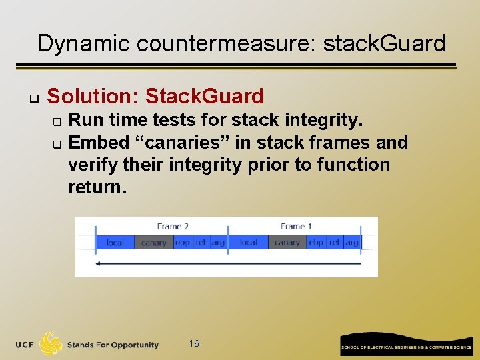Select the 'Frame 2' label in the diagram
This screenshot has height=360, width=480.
coord(173,227)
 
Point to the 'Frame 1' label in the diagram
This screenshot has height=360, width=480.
coord(296,227)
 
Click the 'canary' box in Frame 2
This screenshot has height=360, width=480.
coord(154,243)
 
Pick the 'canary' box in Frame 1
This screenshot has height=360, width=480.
coord(287,243)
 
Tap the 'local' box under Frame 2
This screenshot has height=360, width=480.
coord(115,243)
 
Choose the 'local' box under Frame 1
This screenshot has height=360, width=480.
coord(248,243)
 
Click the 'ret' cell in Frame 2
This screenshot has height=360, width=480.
coord(201,243)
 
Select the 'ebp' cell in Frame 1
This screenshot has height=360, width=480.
coord(316,243)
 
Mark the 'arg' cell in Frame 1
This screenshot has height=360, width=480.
coord(351,243)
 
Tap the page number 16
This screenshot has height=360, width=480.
coord(194,343)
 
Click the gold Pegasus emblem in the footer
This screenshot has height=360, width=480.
coord(50,344)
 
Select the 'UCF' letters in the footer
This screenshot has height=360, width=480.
coord(25,345)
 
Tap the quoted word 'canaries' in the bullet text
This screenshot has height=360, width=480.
coord(159,142)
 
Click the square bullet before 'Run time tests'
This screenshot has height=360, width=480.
coord(57,121)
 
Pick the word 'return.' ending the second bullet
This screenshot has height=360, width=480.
coord(97,187)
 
